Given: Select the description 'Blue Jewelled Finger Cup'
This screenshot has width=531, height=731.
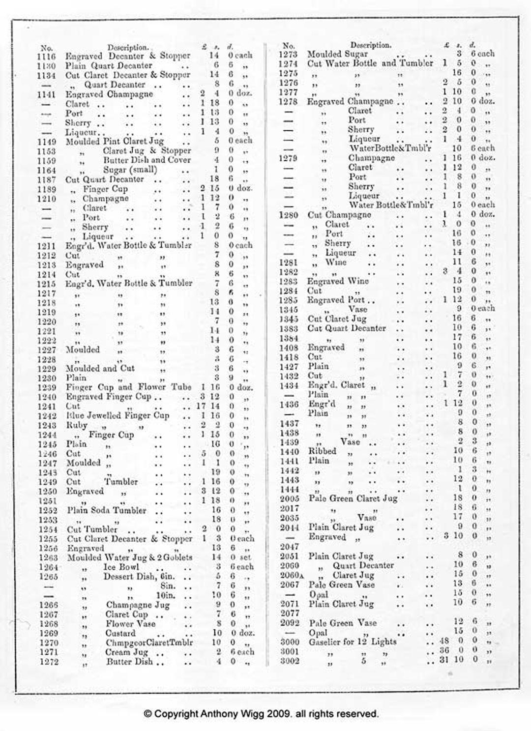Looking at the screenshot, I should tap(118, 415).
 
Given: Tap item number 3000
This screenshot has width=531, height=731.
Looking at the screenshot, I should tap(290, 642).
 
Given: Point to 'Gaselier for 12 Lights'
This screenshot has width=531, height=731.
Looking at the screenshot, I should tap(352, 642).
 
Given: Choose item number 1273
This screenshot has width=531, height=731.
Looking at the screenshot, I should tap(288, 55).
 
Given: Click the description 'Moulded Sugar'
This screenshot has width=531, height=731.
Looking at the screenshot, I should tap(337, 54).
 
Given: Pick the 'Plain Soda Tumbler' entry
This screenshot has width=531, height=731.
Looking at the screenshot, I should tap(107, 510).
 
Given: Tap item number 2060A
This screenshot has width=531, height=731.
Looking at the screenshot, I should tap(290, 575).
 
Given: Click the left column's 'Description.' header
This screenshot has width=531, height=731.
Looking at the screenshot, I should tap(128, 48).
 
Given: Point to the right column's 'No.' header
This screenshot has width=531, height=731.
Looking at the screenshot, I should tap(289, 46).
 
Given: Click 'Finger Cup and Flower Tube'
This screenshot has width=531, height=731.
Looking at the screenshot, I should tap(129, 387).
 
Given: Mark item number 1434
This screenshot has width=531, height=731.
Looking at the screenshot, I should tap(289, 386).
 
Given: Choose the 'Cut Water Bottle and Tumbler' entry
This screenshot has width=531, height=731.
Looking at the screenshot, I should tap(370, 63).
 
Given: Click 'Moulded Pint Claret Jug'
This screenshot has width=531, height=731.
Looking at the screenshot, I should tap(115, 141).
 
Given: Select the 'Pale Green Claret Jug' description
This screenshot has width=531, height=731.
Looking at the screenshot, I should tap(353, 498).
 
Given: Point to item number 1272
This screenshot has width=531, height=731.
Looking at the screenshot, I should tap(49, 662).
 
